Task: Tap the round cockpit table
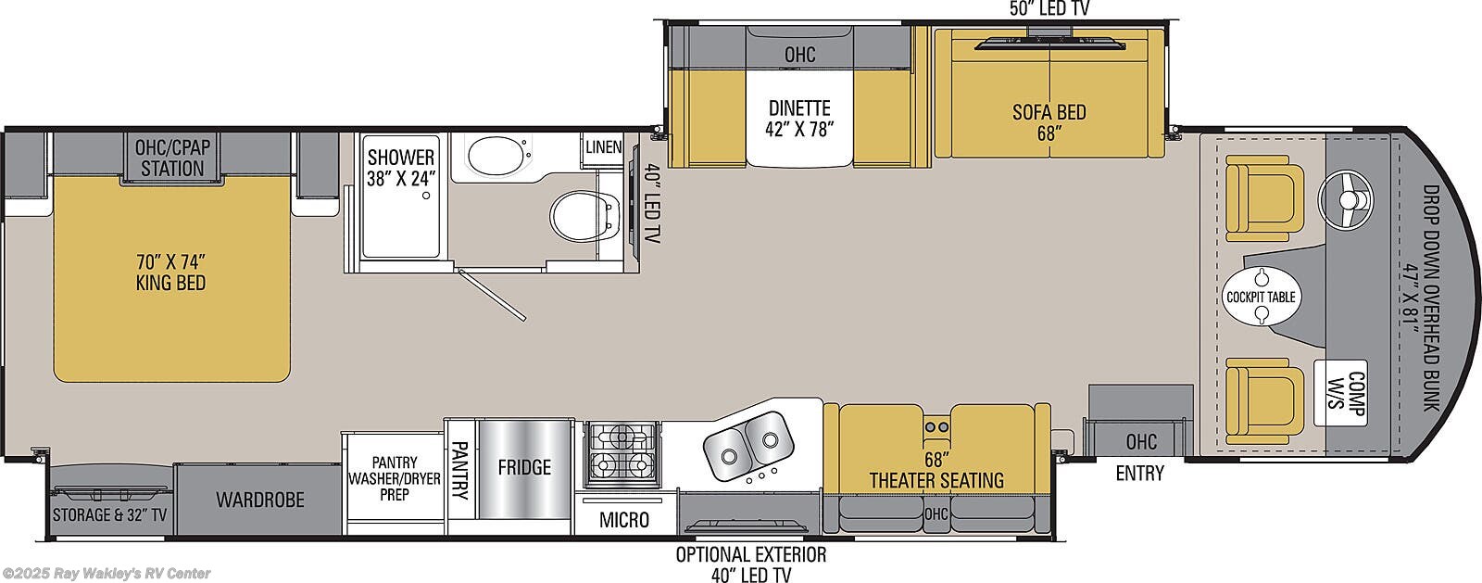pos(1261,297)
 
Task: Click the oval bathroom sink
pos(496,157)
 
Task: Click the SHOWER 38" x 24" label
pos(400,168)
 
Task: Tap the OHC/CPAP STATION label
pos(170,157)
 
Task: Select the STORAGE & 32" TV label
pos(109,514)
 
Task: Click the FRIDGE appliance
pos(523,466)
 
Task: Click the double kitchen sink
pos(747,440)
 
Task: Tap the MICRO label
pos(623,519)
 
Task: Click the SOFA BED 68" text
pos(1049,121)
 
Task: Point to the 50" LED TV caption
pos(1049,8)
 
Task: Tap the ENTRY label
pos(1138,473)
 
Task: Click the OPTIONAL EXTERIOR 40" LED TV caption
pos(750,564)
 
